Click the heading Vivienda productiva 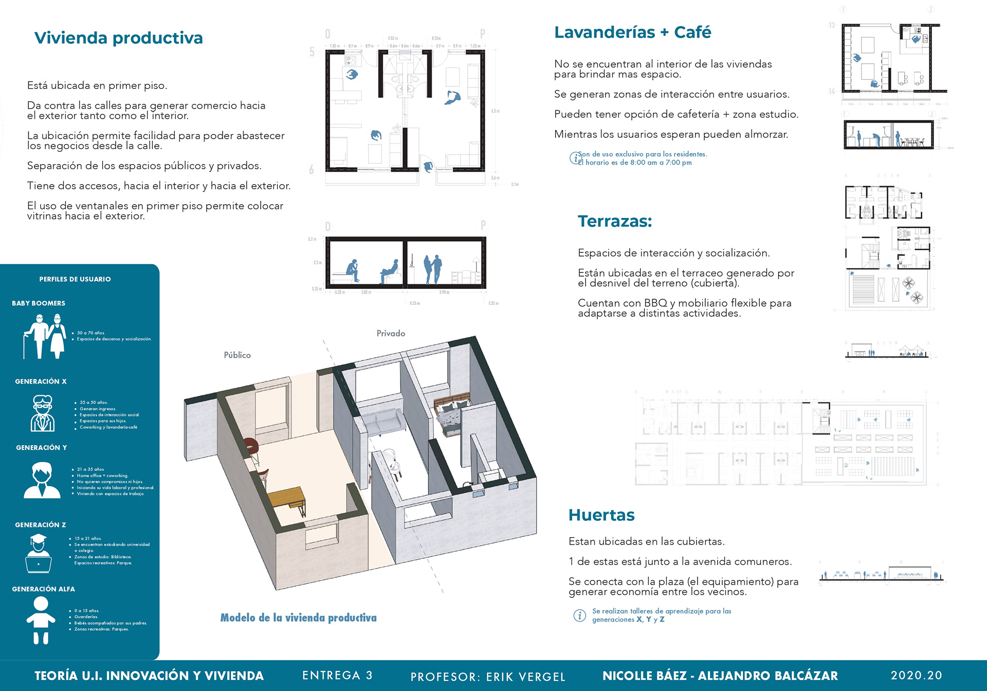118,38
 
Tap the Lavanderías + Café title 632,32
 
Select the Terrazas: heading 615,221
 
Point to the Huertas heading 601,515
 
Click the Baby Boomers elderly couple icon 45,337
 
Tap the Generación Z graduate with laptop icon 39,553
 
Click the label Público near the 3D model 237,355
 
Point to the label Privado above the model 391,334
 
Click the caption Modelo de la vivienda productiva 298,617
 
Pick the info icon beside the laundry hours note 574,158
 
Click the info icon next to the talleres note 579,615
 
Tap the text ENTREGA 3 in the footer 337,675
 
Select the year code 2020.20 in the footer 916,675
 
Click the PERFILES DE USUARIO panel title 75,279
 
